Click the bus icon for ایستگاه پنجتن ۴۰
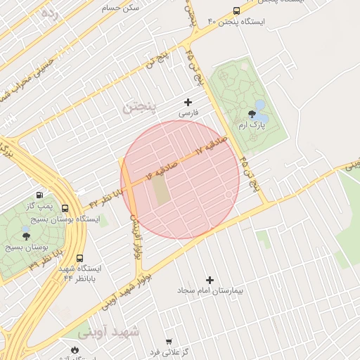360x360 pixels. pos(236,11)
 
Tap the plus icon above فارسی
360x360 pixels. pos(188,102)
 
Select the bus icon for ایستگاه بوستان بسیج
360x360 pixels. pos(65,209)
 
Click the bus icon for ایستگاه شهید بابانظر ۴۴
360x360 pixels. pos(79,258)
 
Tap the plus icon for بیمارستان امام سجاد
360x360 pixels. pos(210,280)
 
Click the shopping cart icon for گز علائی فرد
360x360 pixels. pos(168,342)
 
